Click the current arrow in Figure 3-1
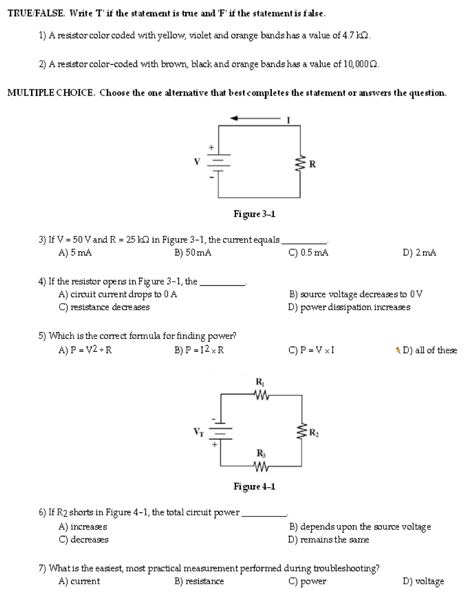[254, 118]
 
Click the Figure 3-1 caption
[254, 214]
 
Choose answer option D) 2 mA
[419, 253]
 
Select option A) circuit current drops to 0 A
[118, 295]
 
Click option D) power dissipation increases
[349, 307]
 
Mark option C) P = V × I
[311, 350]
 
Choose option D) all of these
[430, 350]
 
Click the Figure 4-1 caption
[254, 486]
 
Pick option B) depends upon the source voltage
[359, 526]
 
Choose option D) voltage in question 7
[423, 581]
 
